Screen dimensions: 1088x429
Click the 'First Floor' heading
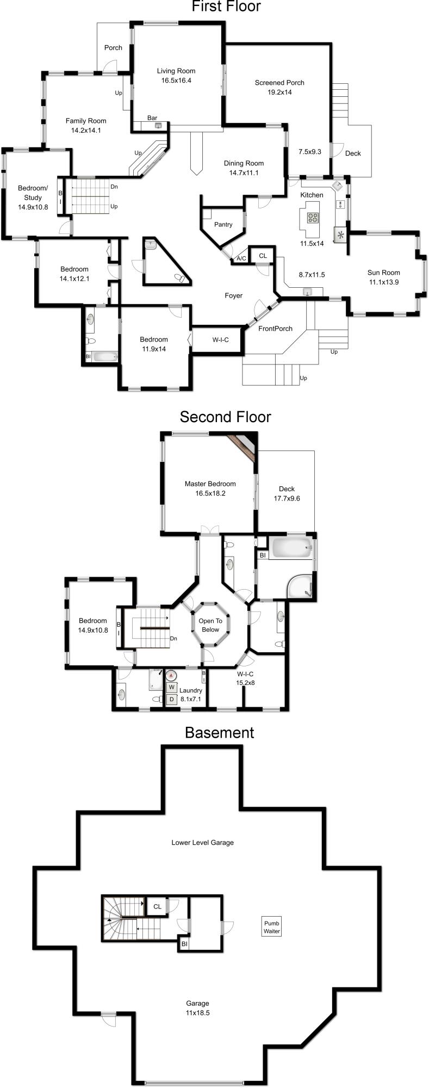226,7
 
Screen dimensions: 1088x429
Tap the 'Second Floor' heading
225,417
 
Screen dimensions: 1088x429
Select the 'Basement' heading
219,732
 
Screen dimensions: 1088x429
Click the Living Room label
176,71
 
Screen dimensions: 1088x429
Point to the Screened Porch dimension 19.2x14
279,92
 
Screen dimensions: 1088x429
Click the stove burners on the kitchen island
313,218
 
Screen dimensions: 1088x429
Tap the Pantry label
223,225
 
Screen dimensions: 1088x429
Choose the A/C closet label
241,258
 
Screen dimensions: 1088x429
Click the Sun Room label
383,273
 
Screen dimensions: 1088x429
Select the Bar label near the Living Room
152,118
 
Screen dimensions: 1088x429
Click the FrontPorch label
275,329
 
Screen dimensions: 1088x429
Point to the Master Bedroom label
210,484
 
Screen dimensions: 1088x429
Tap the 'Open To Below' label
210,625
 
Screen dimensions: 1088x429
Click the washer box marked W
171,687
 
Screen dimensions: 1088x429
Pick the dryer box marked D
171,699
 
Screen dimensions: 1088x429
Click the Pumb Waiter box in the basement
272,927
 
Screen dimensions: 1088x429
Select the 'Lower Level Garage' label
202,843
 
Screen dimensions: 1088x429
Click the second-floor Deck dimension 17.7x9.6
287,498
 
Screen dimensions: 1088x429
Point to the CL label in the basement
157,906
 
